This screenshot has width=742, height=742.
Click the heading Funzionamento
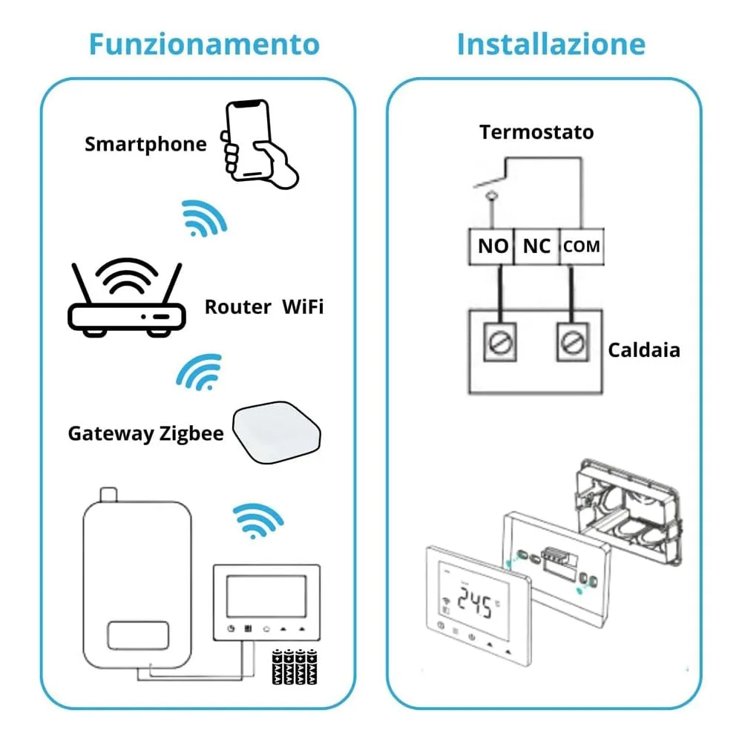(204, 44)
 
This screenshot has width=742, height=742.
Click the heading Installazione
(551, 44)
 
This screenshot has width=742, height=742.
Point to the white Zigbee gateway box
(278, 433)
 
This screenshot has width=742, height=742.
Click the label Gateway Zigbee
(145, 433)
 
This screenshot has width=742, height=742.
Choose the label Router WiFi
(263, 306)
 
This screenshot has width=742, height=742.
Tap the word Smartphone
(145, 143)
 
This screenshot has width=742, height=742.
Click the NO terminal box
(492, 246)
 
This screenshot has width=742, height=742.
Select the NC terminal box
(536, 246)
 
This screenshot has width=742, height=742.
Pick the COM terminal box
(581, 246)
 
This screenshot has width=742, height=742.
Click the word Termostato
(536, 132)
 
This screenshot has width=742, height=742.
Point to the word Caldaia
(644, 349)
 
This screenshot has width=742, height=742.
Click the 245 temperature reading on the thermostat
(476, 605)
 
